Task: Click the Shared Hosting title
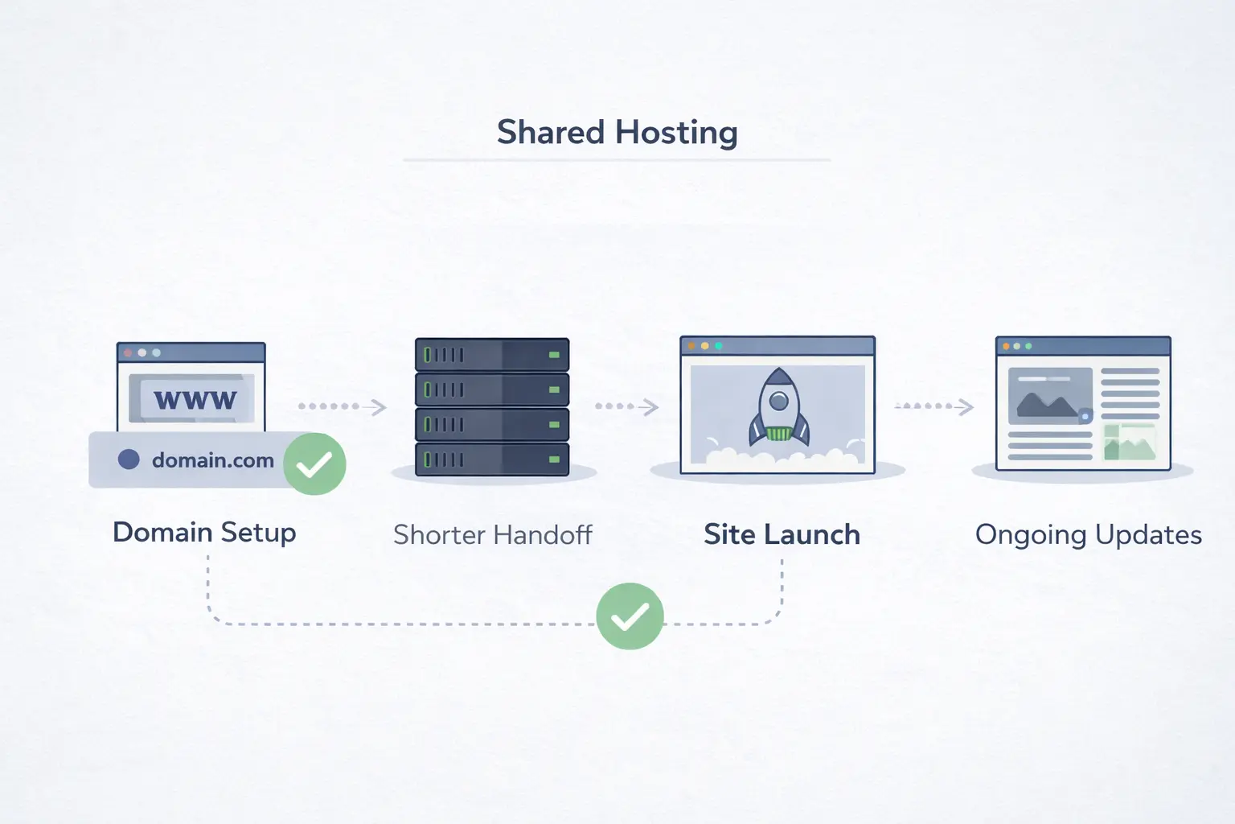click(x=617, y=133)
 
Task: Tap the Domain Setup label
click(x=204, y=533)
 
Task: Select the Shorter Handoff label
click(x=492, y=535)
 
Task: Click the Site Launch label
click(x=782, y=535)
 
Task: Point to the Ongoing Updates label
click(x=1088, y=535)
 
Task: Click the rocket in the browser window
click(x=778, y=407)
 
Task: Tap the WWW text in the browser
click(x=195, y=399)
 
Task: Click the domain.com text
click(x=212, y=460)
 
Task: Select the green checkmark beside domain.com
click(x=314, y=463)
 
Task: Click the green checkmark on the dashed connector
click(x=630, y=616)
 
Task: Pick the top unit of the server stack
click(x=492, y=354)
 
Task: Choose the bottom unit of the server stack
click(x=492, y=459)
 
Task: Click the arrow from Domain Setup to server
click(x=343, y=406)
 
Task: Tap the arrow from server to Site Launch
click(x=627, y=406)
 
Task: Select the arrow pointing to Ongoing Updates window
click(x=934, y=406)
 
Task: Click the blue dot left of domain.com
click(x=129, y=459)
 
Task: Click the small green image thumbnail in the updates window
click(x=1130, y=442)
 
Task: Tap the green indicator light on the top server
click(x=554, y=354)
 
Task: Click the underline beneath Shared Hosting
click(x=617, y=160)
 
